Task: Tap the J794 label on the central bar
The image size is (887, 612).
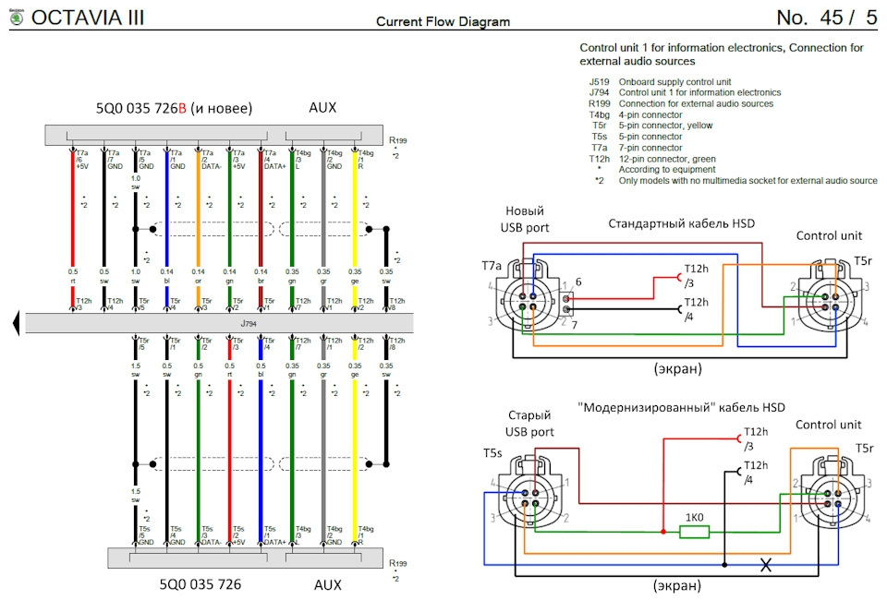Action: click(x=248, y=322)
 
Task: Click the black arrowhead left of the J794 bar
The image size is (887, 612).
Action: click(x=16, y=322)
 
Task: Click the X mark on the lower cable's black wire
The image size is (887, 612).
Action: click(x=765, y=565)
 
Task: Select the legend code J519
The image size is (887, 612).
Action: click(x=598, y=82)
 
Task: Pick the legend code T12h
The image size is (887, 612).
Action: click(x=599, y=159)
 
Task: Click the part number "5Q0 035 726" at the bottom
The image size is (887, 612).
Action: click(x=200, y=584)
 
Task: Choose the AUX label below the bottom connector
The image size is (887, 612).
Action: click(x=328, y=584)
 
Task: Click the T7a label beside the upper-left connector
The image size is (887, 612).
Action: click(x=492, y=265)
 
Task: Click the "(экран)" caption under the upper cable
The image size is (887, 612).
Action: click(x=677, y=368)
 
